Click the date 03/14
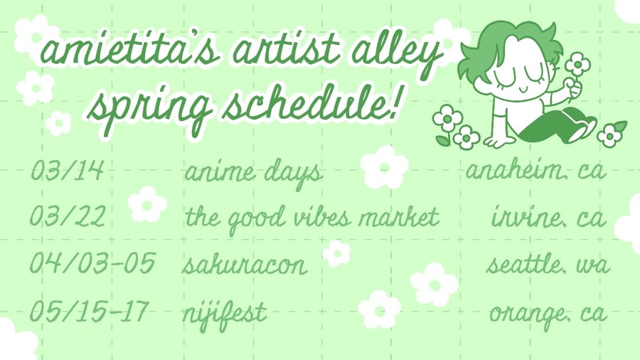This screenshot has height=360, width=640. [68, 170]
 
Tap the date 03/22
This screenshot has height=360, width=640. [68, 216]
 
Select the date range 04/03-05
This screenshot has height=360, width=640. [92, 263]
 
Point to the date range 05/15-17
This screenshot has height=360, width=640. [89, 311]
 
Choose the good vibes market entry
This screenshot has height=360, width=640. [312, 218]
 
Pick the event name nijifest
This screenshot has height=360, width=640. [225, 315]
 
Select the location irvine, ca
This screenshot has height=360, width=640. [548, 216]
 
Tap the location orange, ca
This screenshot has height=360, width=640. [548, 315]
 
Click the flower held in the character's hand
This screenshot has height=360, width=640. [577, 65]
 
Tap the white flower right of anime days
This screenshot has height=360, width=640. [385, 167]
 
